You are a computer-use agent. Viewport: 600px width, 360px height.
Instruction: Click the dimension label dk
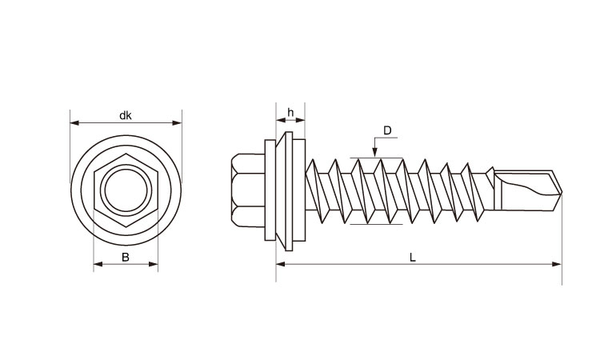pyautogui.click(x=126, y=115)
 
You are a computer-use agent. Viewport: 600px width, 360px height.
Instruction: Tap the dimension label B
pyautogui.click(x=126, y=258)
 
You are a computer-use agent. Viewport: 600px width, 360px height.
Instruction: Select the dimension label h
pyautogui.click(x=291, y=113)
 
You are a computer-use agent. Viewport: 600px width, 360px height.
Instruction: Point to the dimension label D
pyautogui.click(x=388, y=131)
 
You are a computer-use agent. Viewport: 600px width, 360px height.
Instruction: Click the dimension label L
pyautogui.click(x=413, y=258)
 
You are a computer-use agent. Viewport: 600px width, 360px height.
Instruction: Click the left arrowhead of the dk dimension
pyautogui.click(x=74, y=123)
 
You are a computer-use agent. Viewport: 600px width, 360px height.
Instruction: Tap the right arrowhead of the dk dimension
pyautogui.click(x=177, y=123)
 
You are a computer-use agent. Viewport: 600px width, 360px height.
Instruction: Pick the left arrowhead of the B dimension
pyautogui.click(x=98, y=264)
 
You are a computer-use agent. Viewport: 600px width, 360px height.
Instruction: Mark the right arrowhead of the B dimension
pyautogui.click(x=154, y=264)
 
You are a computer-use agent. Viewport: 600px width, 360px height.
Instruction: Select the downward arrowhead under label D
pyautogui.click(x=375, y=152)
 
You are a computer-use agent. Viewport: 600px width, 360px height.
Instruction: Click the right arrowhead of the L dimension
pyautogui.click(x=557, y=264)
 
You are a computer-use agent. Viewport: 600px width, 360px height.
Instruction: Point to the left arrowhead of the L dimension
pyautogui.click(x=281, y=264)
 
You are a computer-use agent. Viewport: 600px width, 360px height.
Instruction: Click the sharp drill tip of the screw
pyautogui.click(x=562, y=191)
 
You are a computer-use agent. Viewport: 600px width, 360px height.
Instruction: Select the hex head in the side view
pyautogui.click(x=248, y=190)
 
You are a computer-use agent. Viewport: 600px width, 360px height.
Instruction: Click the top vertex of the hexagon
pyautogui.click(x=126, y=154)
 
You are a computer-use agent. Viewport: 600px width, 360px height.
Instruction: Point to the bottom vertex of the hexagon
pyautogui.click(x=126, y=227)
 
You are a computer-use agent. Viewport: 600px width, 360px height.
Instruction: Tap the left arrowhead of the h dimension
pyautogui.click(x=281, y=120)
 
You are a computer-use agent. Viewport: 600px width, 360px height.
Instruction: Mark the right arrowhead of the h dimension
pyautogui.click(x=300, y=120)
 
